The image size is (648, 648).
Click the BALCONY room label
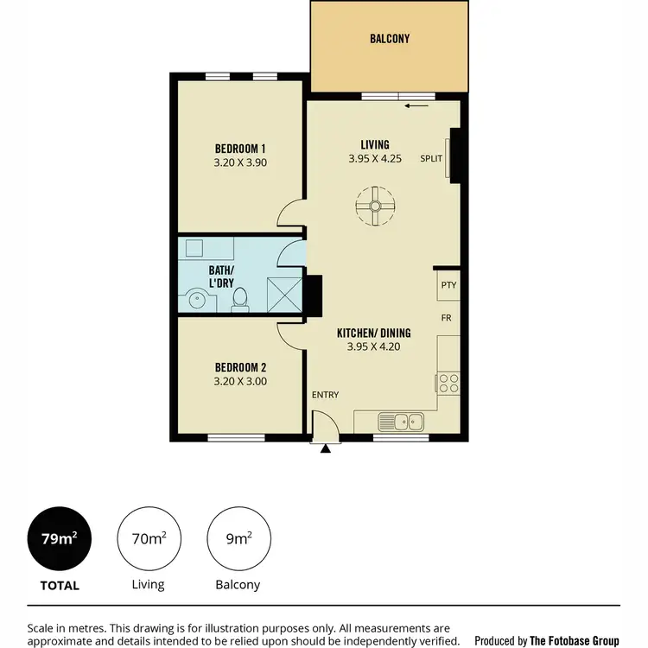(x=389, y=39)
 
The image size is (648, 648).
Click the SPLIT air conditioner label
(x=431, y=158)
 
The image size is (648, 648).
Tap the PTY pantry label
(x=448, y=284)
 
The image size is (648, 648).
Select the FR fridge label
(x=447, y=318)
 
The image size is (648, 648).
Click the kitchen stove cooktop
(x=448, y=381)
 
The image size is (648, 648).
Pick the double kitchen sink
(x=401, y=422)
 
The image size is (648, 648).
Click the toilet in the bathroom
(x=241, y=299)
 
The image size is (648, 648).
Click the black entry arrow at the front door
(x=325, y=448)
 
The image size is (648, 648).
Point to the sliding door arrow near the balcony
(x=416, y=106)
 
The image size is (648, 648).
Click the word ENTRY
(x=326, y=395)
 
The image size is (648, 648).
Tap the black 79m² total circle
(x=60, y=539)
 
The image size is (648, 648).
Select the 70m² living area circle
(x=149, y=539)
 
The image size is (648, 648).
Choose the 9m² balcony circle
(x=238, y=539)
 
